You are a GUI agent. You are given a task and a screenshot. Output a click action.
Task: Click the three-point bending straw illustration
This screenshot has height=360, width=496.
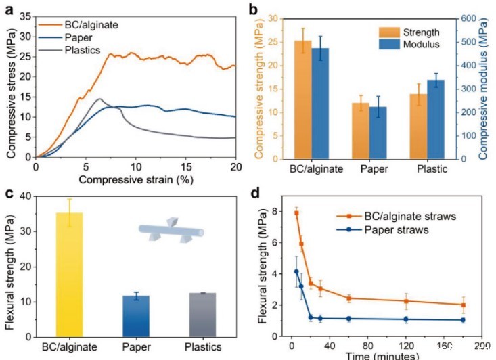(171, 231)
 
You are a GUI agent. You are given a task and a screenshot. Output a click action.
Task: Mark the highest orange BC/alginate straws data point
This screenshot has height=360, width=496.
(296, 213)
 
